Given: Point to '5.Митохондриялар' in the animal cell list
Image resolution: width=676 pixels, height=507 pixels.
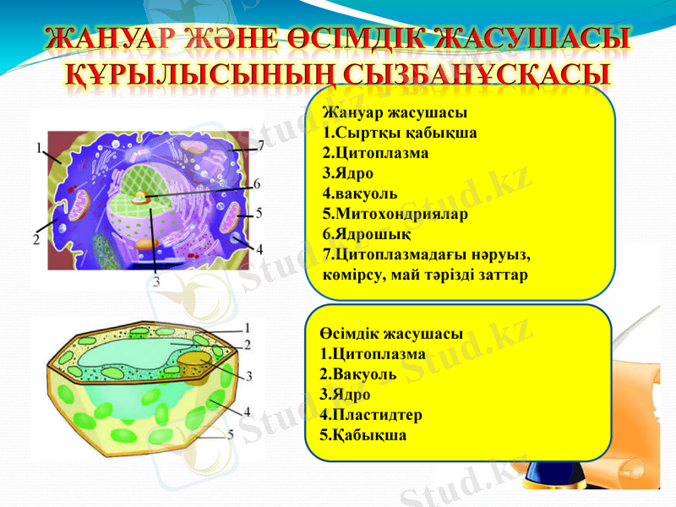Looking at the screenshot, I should point(395,214).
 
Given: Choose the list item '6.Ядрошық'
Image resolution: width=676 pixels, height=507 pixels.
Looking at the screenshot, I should point(367,234).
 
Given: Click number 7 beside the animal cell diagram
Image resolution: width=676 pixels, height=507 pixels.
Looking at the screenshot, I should point(261,145).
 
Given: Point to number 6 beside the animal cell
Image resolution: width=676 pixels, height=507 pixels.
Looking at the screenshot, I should point(257,183).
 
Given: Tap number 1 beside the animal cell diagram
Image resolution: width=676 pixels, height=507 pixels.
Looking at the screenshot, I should point(40,147).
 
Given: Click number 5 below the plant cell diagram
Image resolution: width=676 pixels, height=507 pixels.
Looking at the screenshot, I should point(230,434).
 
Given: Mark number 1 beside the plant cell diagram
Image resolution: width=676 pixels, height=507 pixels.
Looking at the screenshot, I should point(246,326).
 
